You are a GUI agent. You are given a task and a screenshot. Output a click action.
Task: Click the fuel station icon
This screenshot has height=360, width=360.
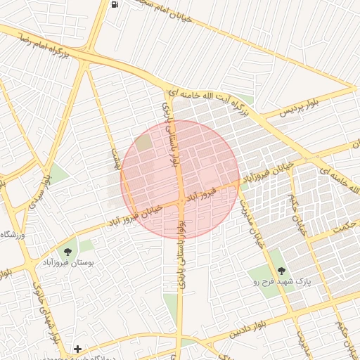click(114, 4)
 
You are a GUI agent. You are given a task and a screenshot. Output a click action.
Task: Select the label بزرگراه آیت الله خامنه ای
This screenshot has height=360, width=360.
click(212, 103)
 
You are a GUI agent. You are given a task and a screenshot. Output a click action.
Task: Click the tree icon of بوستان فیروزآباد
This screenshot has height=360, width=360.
click(67, 252)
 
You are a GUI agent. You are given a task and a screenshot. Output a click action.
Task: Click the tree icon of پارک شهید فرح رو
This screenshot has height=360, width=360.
click(281, 270)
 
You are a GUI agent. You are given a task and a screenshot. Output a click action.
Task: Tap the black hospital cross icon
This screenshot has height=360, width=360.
click(77, 349)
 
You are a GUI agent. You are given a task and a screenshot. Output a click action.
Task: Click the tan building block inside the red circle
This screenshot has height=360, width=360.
click(143, 143)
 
